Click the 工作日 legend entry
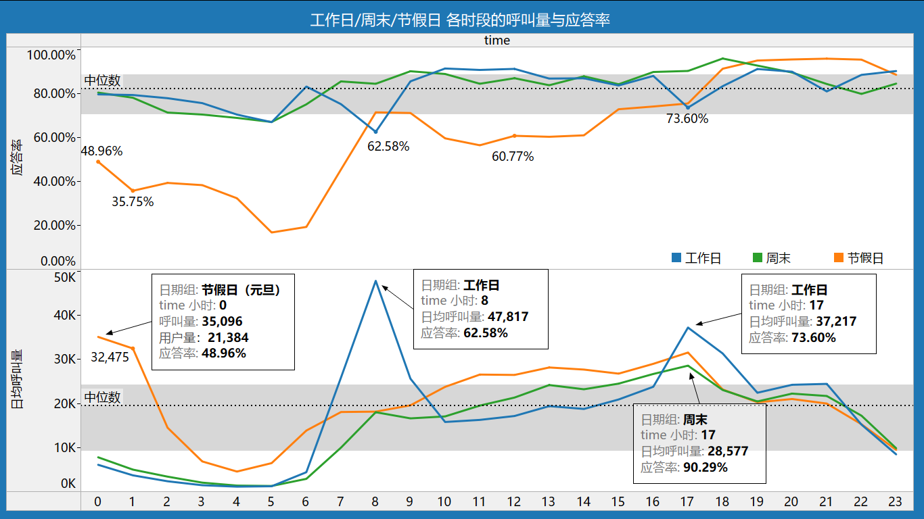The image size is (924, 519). pyautogui.click(x=696, y=258)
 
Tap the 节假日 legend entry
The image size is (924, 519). pyautogui.click(x=858, y=258)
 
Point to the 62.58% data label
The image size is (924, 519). pyautogui.click(x=388, y=146)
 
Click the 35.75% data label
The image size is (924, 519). pyautogui.click(x=133, y=201)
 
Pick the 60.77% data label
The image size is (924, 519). pyautogui.click(x=513, y=157)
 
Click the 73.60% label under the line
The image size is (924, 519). pyautogui.click(x=687, y=119)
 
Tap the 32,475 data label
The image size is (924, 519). pyautogui.click(x=110, y=357)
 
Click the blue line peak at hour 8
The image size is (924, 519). pyautogui.click(x=375, y=280)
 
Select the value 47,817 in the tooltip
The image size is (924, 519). pyautogui.click(x=508, y=317)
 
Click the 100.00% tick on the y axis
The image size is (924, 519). pyautogui.click(x=51, y=55)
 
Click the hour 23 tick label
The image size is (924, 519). pyautogui.click(x=895, y=501)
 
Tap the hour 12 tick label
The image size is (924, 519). pyautogui.click(x=513, y=501)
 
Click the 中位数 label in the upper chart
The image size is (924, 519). pyautogui.click(x=103, y=80)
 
